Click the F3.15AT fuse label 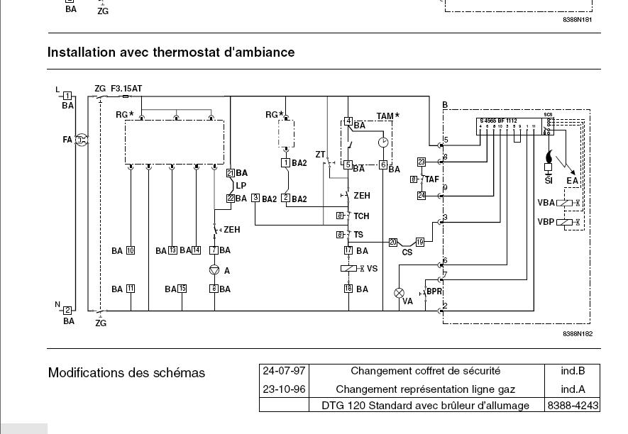click(126, 89)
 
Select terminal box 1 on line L click(67, 96)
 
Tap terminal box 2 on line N click(67, 311)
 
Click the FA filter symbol click(81, 140)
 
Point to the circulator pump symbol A click(214, 270)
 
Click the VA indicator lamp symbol click(400, 292)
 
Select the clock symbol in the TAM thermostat click(383, 142)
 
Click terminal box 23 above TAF click(421, 162)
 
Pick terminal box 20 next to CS click(392, 243)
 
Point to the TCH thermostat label click(361, 216)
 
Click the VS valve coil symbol click(348, 269)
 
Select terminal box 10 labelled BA click(131, 250)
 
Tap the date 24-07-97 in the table click(285, 371)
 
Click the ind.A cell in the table click(572, 389)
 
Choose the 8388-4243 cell click(572, 406)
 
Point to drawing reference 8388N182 click(578, 333)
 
